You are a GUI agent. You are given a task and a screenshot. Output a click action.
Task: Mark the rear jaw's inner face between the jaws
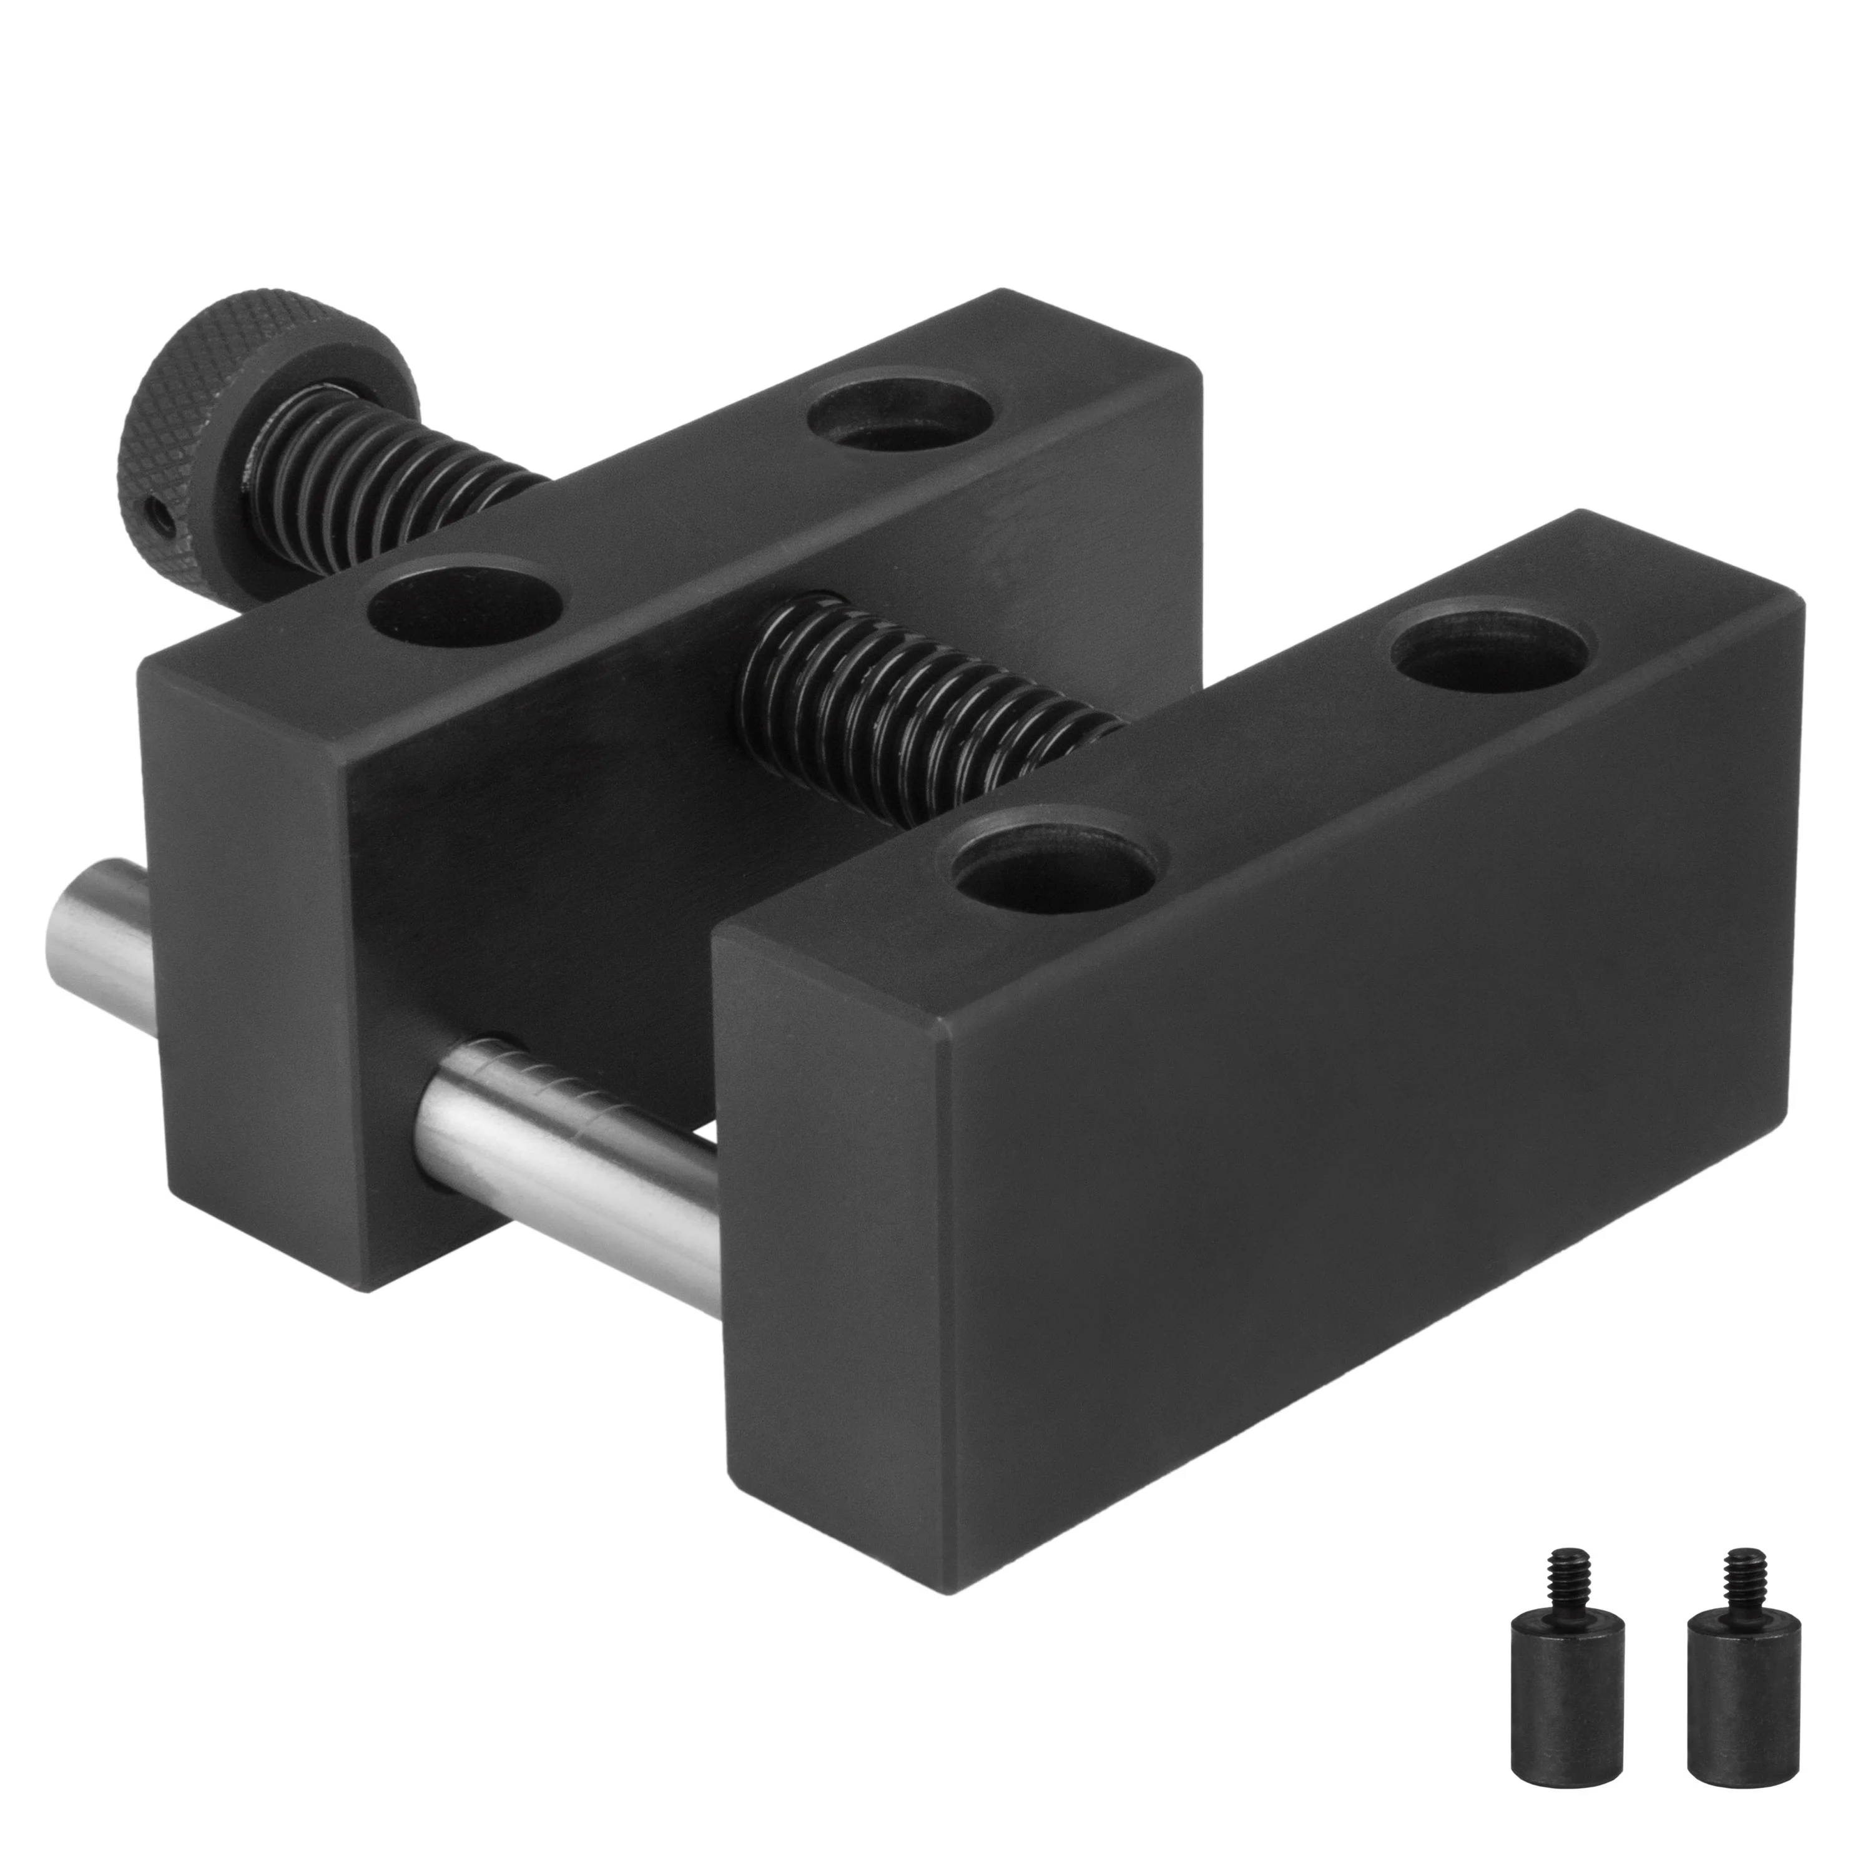601,873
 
